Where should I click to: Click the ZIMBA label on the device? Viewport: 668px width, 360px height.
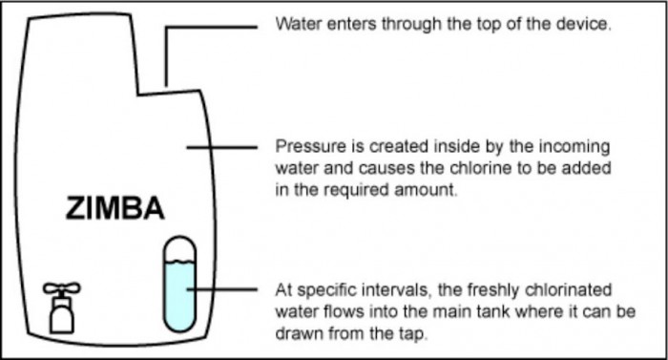[115, 208]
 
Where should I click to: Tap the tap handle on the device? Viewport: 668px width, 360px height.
[62, 288]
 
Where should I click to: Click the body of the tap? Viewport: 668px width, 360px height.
[62, 315]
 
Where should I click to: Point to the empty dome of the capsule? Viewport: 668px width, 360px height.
[180, 248]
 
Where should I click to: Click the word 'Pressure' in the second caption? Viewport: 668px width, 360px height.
[311, 146]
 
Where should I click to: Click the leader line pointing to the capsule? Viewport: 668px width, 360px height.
[222, 289]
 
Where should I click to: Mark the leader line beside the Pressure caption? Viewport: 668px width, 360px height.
[222, 147]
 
